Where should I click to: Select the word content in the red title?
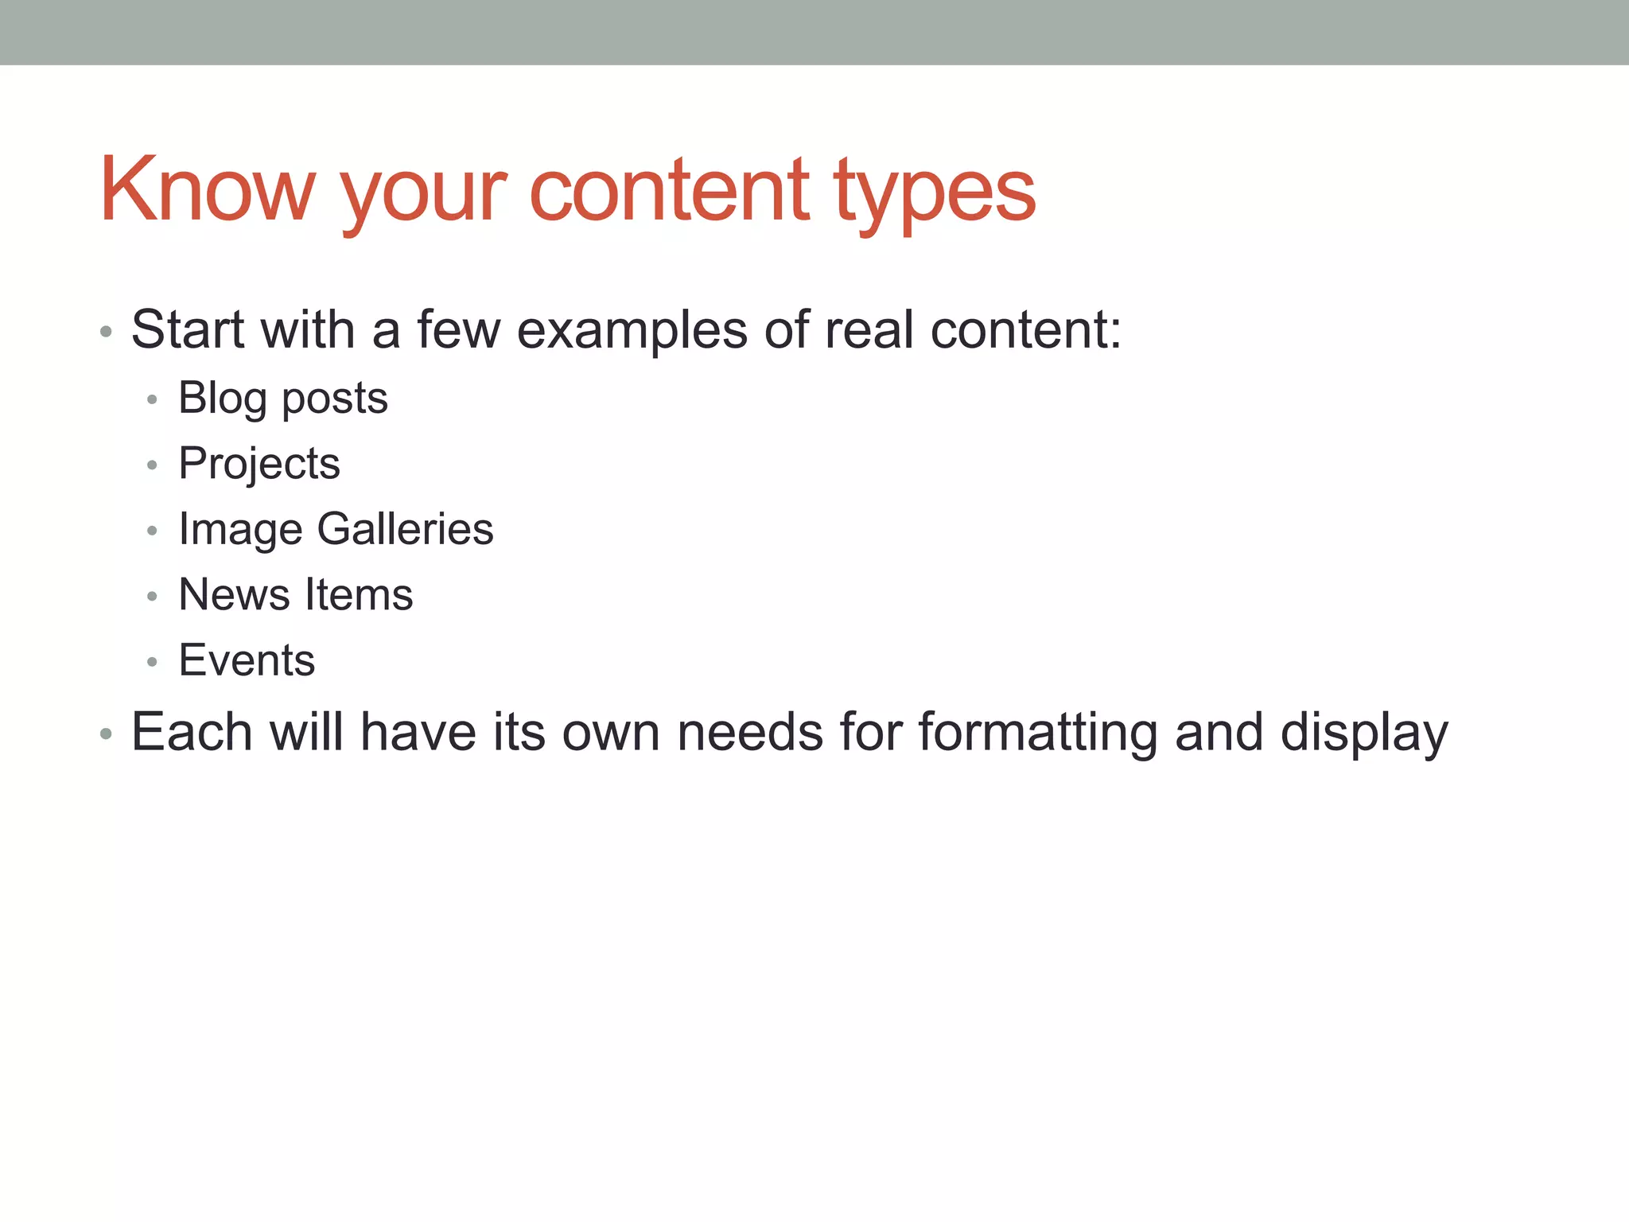coord(669,190)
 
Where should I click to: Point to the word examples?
coord(632,330)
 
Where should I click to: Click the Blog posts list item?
coord(282,398)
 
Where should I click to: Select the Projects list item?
coord(259,464)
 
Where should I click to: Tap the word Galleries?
coord(405,529)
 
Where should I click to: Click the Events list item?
coord(247,660)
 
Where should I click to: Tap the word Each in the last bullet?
coord(192,732)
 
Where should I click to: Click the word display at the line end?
coord(1364,733)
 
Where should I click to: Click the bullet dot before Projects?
coord(152,465)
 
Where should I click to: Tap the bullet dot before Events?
coord(152,662)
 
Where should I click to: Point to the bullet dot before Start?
coord(106,331)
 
